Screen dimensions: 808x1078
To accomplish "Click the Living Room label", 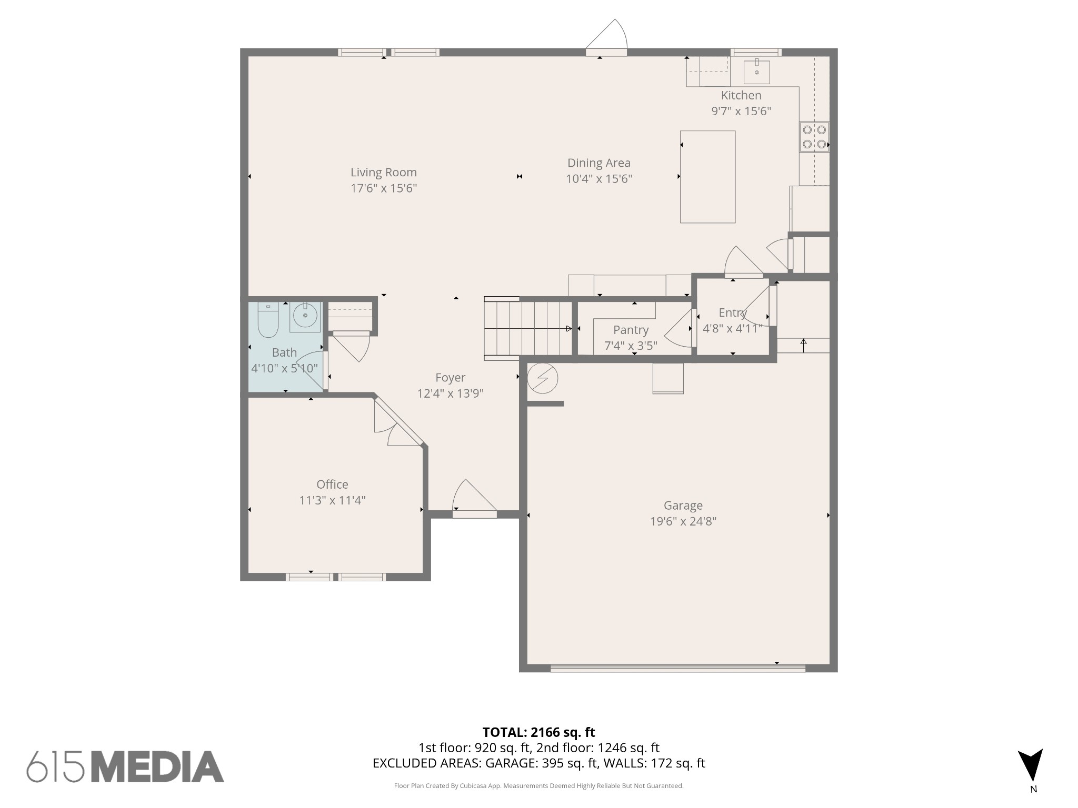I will click(383, 173).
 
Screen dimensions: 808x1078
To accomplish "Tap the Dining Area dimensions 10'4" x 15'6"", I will click(598, 179).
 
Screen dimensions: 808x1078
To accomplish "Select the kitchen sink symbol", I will click(756, 72).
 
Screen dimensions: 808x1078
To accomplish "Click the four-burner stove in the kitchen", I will click(814, 137).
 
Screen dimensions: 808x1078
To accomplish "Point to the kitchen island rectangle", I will click(707, 177).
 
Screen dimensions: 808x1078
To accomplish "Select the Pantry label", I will click(631, 330).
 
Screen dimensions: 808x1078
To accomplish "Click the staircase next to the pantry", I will click(528, 329).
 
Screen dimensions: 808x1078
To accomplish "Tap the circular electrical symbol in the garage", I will click(542, 378).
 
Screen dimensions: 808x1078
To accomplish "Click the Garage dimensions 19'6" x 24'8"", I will click(683, 521).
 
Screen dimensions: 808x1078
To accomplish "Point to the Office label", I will click(332, 484).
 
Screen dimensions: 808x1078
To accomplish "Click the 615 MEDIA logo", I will click(125, 766).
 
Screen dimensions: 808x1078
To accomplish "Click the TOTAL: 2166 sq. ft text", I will click(538, 732).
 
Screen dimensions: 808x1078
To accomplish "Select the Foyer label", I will click(450, 377).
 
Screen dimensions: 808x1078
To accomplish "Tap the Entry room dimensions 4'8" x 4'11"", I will click(732, 328).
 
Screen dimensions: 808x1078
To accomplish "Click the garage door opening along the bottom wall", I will click(677, 668).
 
